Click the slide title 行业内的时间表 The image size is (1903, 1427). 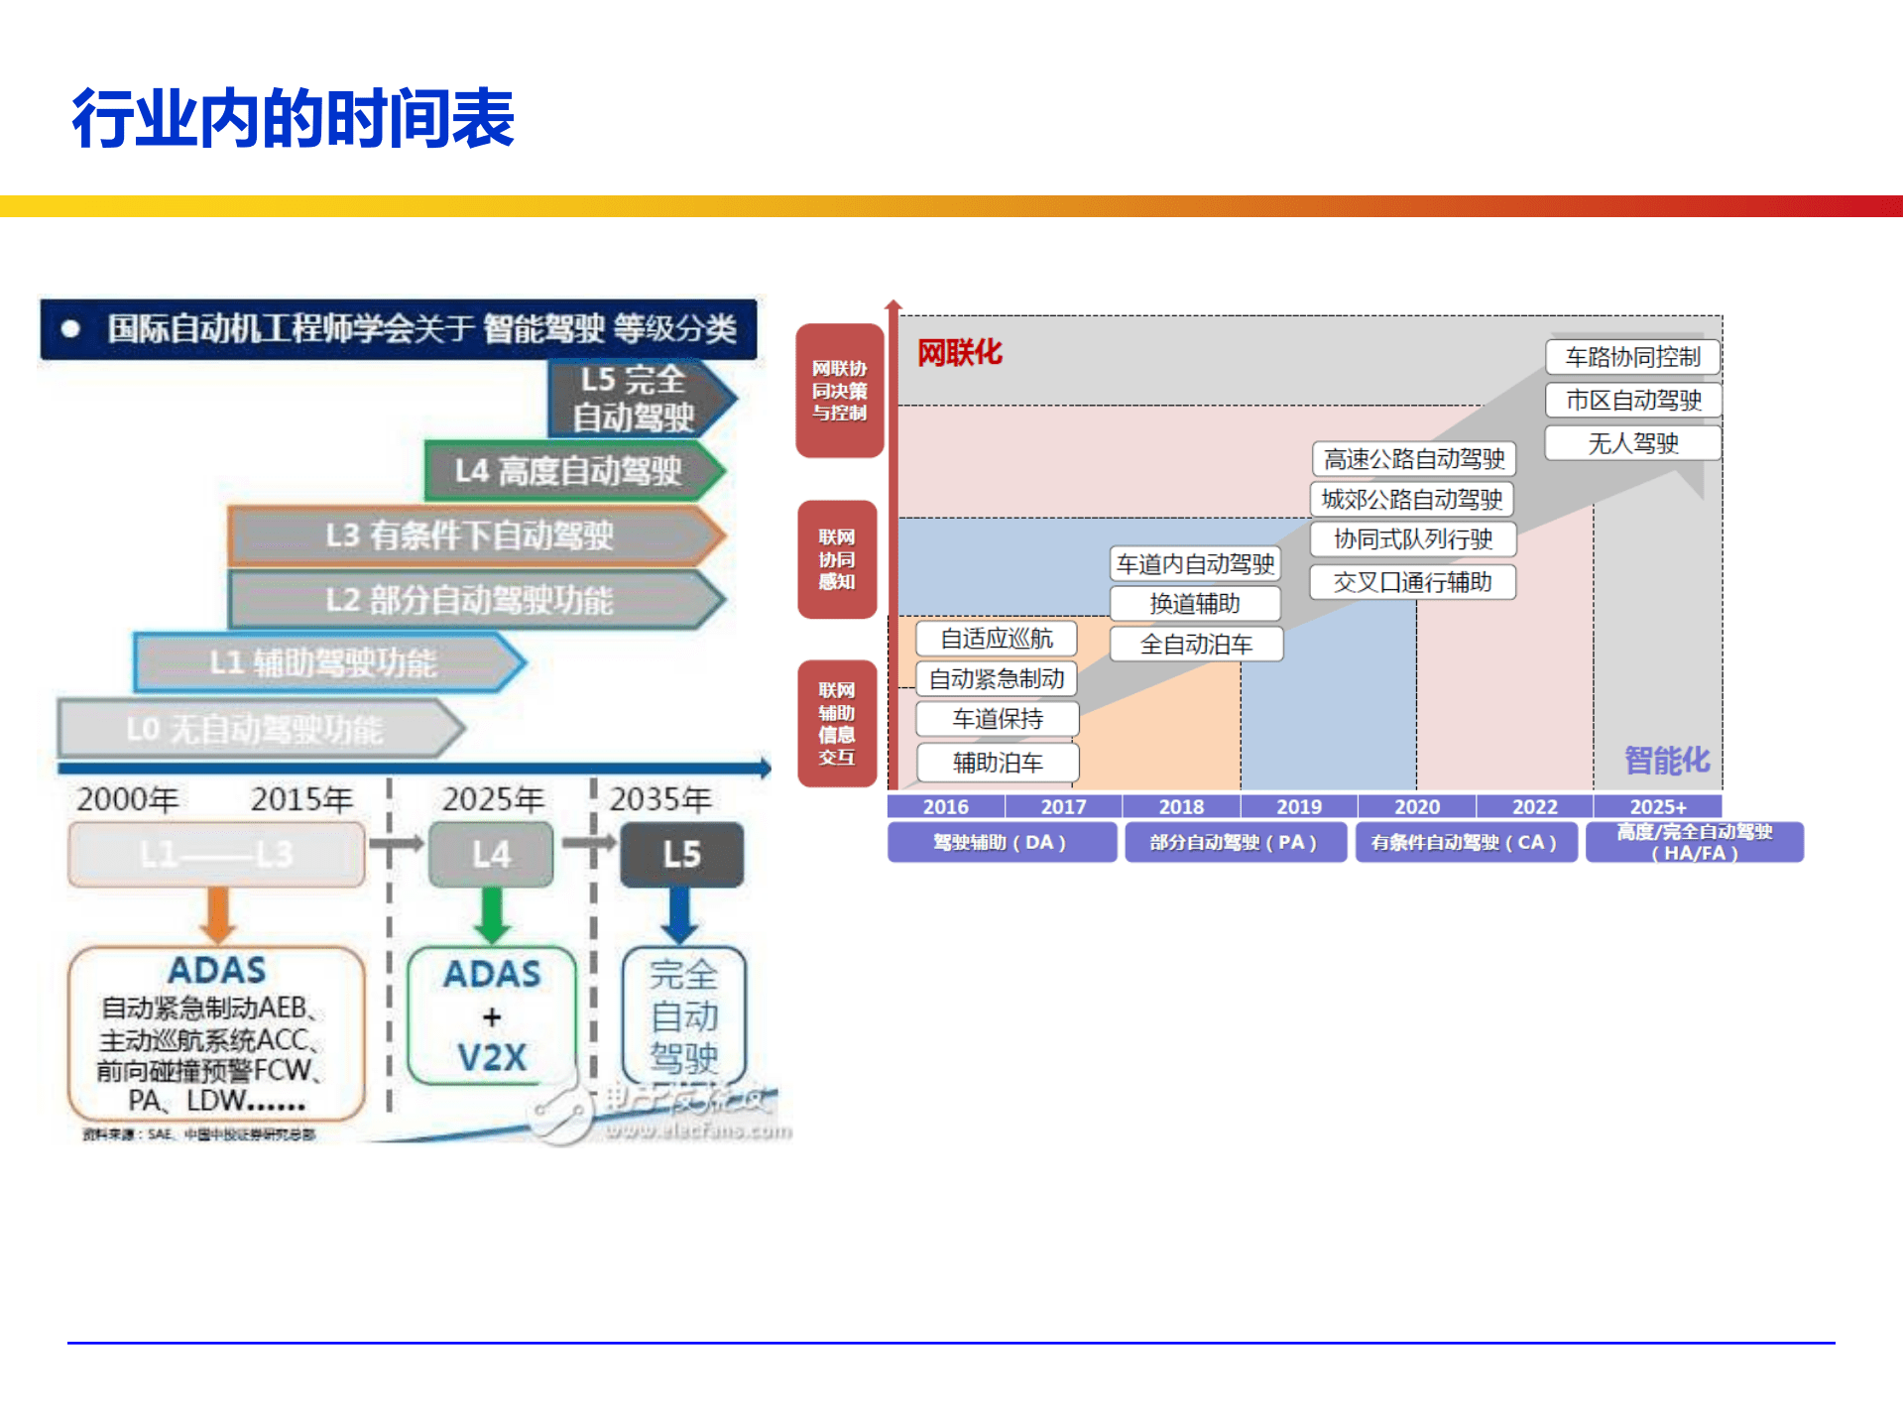click(x=294, y=118)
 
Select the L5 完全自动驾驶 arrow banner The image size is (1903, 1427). click(x=636, y=398)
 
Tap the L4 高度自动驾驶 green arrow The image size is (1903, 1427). click(x=570, y=471)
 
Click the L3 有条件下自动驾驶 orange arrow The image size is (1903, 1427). click(x=472, y=535)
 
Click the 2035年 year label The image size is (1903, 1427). click(x=660, y=799)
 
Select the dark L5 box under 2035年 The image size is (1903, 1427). click(x=681, y=854)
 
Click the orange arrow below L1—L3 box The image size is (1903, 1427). click(x=217, y=914)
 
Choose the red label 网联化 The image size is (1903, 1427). click(x=959, y=352)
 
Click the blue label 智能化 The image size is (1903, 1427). click(x=1666, y=761)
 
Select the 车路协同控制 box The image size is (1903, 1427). click(x=1632, y=357)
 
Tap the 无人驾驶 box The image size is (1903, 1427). click(x=1632, y=443)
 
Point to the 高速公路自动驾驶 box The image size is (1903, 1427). click(x=1413, y=459)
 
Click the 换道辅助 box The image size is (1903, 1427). click(x=1195, y=604)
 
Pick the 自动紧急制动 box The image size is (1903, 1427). click(x=997, y=679)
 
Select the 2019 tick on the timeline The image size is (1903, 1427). click(x=1298, y=806)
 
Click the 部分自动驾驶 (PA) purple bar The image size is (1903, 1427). click(x=1234, y=842)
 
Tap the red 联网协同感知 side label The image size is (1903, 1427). click(x=837, y=559)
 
